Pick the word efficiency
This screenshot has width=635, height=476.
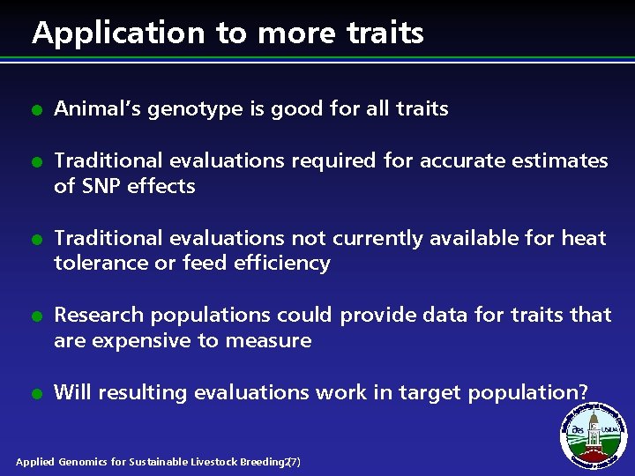tap(280, 263)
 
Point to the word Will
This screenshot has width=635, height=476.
tap(71, 391)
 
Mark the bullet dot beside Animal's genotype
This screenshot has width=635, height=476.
tap(37, 111)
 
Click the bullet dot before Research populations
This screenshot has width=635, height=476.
tap(37, 316)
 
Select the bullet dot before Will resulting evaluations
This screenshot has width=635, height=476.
tap(37, 394)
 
